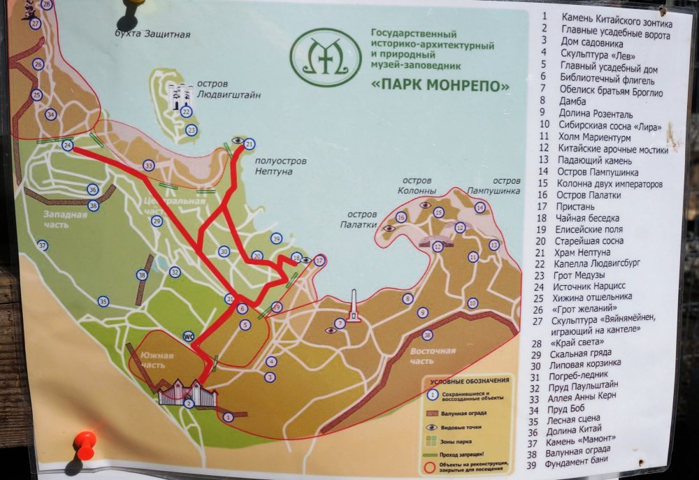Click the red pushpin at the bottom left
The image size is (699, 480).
tap(85, 443)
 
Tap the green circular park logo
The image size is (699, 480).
tap(326, 57)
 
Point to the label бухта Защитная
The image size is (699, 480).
tap(153, 33)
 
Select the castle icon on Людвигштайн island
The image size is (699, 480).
tap(179, 95)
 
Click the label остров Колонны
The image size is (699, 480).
tap(417, 185)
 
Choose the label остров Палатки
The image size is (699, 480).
tap(359, 219)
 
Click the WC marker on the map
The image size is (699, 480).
tap(188, 335)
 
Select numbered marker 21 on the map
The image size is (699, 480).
tap(250, 144)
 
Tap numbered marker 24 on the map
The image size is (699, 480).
tap(68, 145)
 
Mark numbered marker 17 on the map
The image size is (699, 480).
tap(319, 261)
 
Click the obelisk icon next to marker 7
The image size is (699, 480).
tap(354, 307)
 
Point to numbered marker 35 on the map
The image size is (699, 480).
tap(103, 301)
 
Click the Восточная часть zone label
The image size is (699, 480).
tap(432, 356)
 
